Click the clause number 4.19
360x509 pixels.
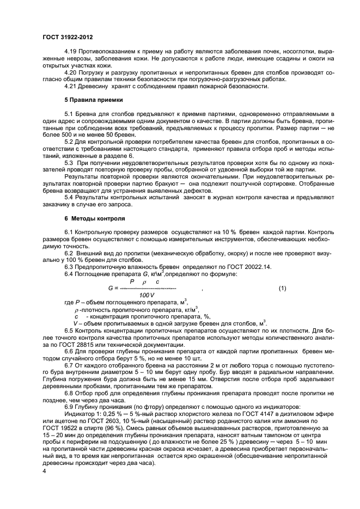tap(71, 50)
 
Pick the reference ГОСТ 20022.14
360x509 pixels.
tap(244, 266)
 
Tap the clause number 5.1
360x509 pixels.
tap(70, 113)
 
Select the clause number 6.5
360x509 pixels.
tap(70, 330)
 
